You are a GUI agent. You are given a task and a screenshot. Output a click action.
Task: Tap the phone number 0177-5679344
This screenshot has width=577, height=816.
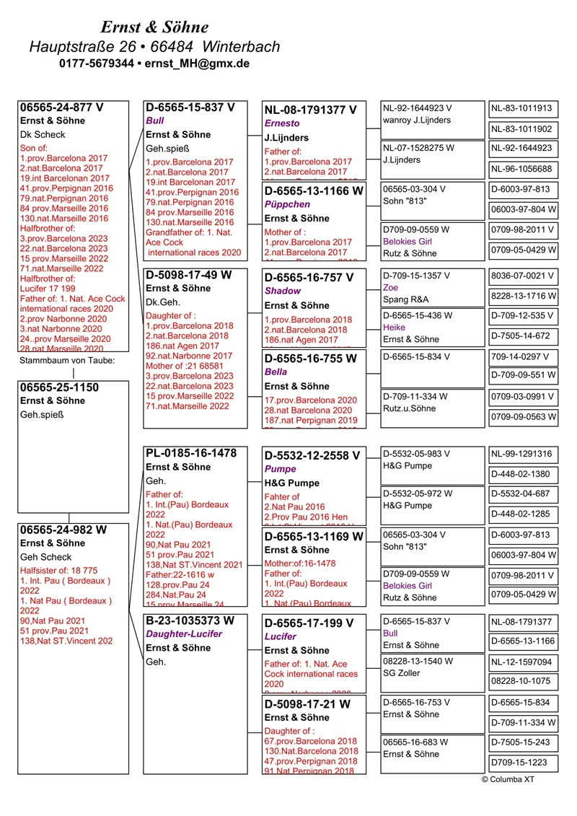click(96, 63)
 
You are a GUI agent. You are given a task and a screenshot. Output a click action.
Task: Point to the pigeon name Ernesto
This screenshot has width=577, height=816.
click(281, 123)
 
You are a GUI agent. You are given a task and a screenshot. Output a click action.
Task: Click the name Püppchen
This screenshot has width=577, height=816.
click(287, 204)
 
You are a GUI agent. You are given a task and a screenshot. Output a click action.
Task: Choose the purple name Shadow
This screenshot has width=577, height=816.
click(283, 291)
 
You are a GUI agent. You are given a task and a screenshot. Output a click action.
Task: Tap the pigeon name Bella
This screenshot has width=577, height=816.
click(276, 372)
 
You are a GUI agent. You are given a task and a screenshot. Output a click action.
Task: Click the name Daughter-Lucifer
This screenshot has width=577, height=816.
click(184, 633)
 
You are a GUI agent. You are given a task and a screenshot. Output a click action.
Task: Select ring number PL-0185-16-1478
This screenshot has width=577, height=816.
click(191, 453)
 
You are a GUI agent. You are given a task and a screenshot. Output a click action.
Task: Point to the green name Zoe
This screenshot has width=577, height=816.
click(390, 286)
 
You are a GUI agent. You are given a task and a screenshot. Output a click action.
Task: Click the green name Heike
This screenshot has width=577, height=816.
click(395, 327)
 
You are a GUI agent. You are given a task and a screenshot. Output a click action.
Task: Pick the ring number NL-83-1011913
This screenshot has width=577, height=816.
click(521, 109)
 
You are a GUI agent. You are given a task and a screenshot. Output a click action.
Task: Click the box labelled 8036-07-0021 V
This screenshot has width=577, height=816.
click(523, 276)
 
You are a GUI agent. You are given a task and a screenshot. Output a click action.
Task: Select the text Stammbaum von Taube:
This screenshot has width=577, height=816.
click(67, 360)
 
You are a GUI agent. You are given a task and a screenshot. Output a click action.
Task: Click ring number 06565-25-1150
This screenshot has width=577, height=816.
click(59, 387)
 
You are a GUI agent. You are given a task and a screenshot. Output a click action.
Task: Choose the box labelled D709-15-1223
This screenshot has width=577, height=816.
click(521, 762)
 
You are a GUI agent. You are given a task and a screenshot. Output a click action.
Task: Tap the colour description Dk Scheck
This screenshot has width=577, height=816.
click(43, 134)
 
